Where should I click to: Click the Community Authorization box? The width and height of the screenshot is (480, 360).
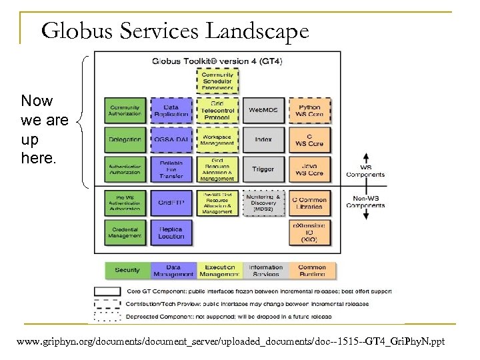click(125, 111)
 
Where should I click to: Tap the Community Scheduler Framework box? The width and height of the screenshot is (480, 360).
click(217, 81)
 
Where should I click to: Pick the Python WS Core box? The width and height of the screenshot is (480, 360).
click(309, 111)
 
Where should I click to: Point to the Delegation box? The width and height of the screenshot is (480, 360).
click(125, 140)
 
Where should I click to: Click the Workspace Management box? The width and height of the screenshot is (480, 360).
click(217, 140)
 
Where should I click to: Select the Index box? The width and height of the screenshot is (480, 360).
click(263, 140)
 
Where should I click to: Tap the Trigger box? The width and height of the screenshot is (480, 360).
click(263, 169)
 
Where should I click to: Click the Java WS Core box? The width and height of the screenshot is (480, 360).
click(309, 169)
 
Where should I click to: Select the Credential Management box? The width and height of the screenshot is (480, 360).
click(125, 232)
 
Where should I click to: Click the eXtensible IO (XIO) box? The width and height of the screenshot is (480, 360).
click(309, 232)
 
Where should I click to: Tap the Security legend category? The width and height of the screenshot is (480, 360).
click(127, 270)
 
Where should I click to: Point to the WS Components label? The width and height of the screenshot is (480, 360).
click(365, 171)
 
